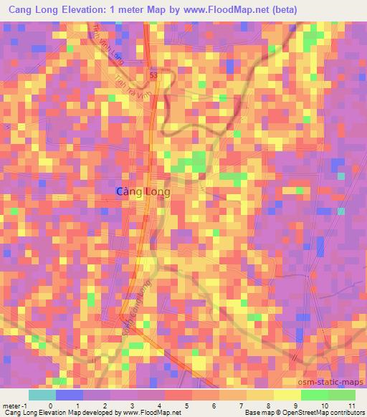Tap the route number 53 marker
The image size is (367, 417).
tap(154, 74)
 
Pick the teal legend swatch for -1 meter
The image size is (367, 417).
tap(42, 395)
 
